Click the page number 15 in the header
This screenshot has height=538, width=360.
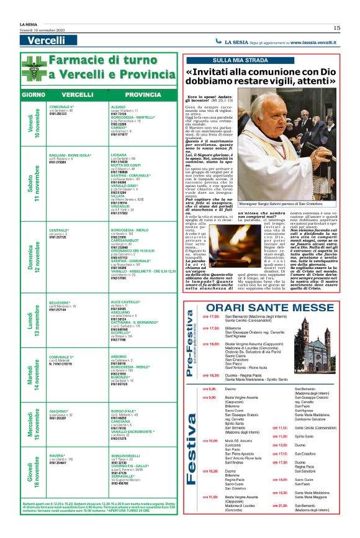[x=336, y=27]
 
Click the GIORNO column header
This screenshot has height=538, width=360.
[x=33, y=94]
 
